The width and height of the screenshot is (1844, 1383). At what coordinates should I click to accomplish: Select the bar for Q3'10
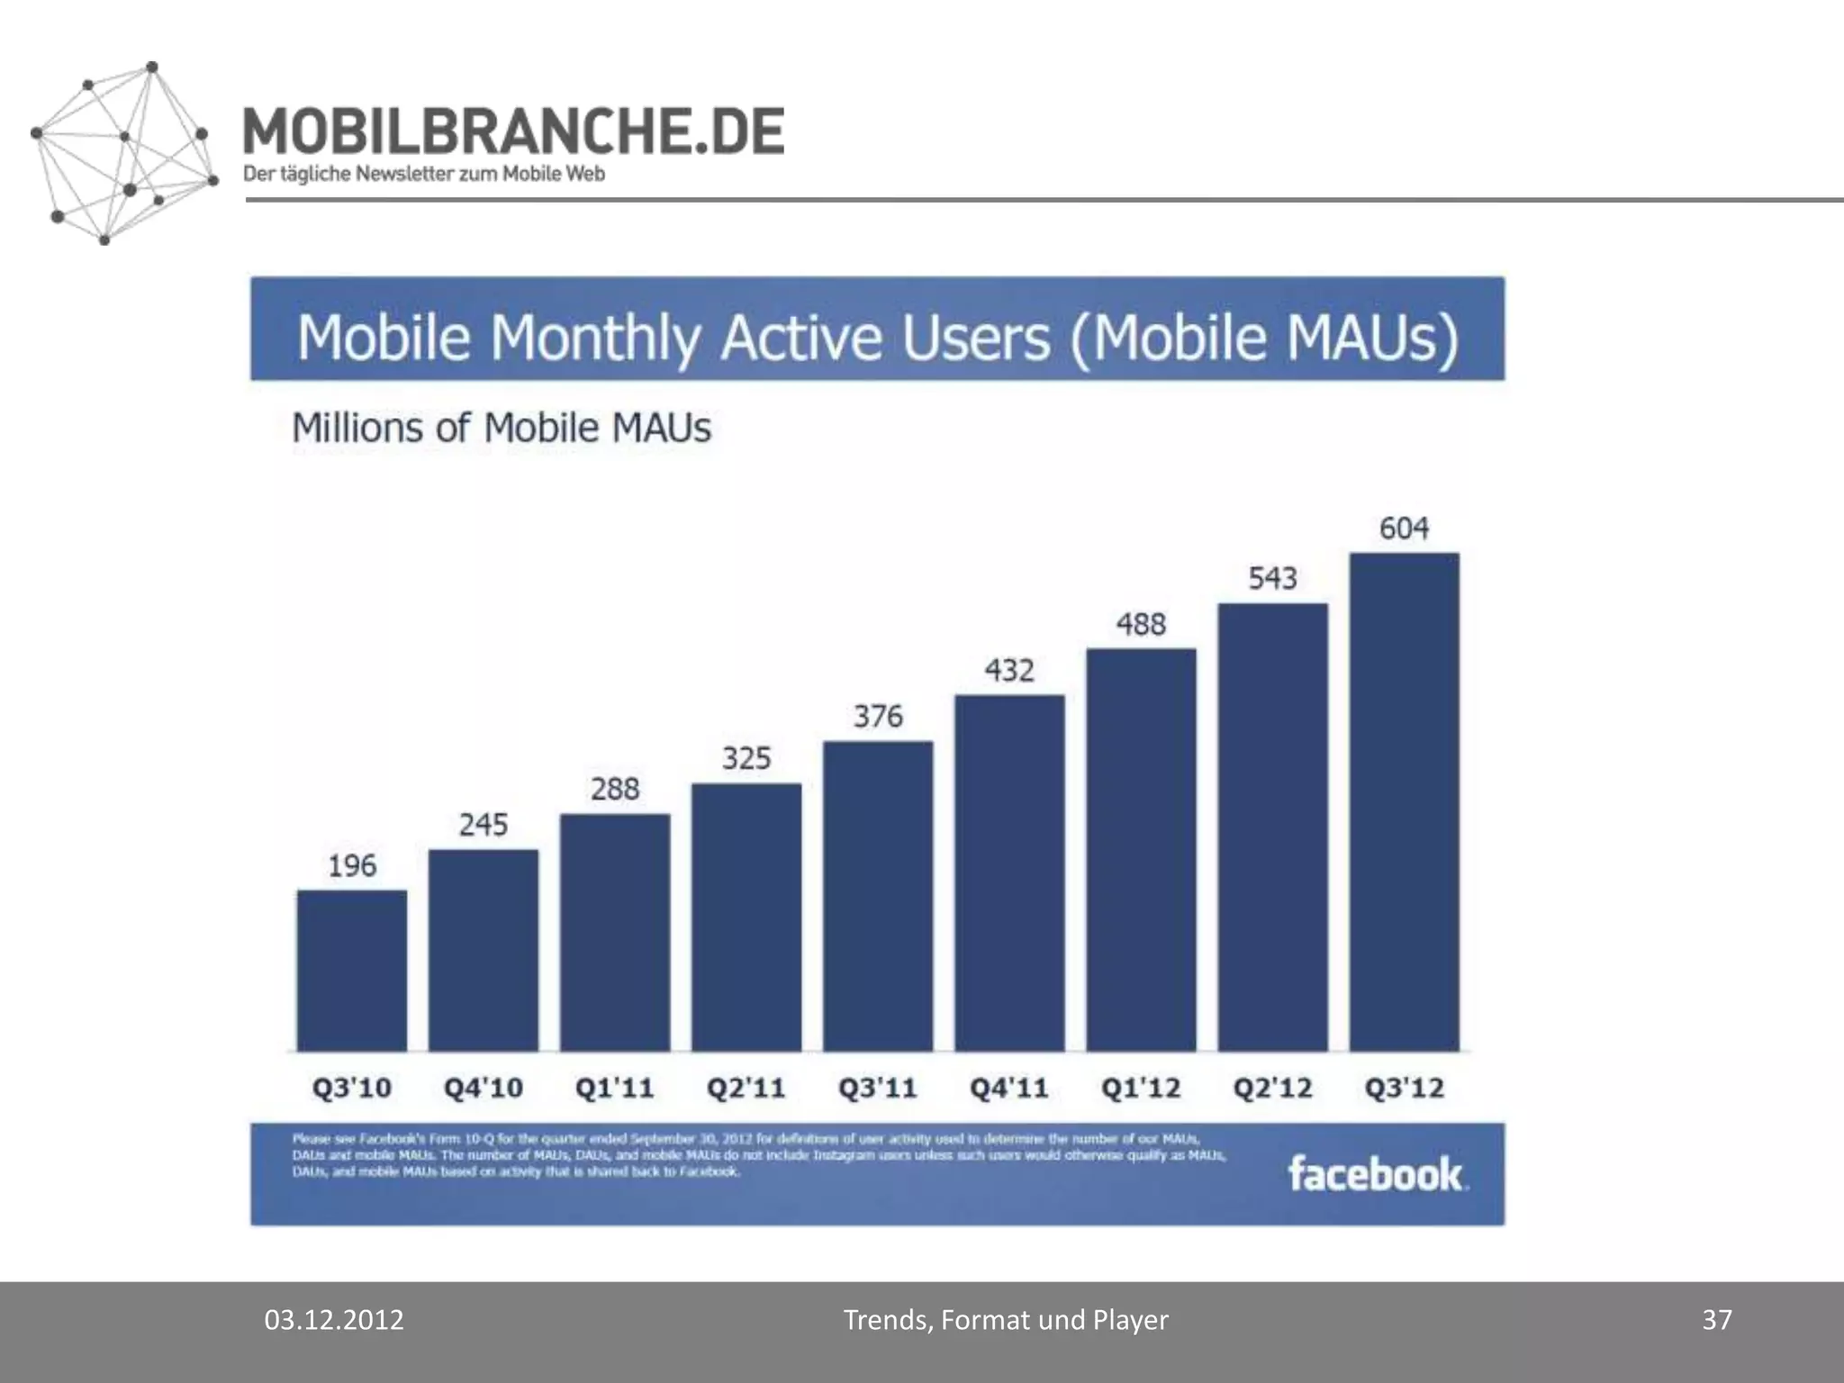point(351,971)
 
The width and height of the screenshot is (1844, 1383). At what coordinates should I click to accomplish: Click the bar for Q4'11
point(1009,872)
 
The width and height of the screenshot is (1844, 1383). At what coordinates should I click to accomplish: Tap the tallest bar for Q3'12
point(1404,801)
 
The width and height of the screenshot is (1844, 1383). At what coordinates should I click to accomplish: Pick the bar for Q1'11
point(615,932)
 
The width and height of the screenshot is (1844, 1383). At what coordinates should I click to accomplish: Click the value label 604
point(1404,528)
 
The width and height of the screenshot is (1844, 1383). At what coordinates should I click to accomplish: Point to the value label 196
point(351,865)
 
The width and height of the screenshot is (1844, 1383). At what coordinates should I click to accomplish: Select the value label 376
point(878,716)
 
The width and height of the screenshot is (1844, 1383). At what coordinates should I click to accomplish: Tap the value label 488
point(1141,624)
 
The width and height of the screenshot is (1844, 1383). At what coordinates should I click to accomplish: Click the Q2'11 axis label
point(746,1088)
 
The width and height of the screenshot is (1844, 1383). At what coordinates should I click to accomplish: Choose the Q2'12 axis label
point(1272,1088)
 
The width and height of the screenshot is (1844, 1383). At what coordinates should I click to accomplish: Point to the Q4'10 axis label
point(483,1088)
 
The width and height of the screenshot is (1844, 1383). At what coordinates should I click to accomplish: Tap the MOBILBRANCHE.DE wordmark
point(513,131)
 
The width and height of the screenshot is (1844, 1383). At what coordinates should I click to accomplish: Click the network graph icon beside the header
point(124,153)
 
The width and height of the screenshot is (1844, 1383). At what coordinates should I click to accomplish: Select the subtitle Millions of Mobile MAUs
point(502,428)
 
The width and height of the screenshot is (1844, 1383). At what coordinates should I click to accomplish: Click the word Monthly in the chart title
point(595,339)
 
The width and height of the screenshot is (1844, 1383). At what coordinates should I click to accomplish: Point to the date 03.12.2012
point(333,1320)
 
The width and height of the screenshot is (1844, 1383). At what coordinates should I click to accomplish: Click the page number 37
point(1716,1320)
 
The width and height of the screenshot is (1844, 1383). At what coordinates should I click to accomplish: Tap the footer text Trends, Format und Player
point(1005,1320)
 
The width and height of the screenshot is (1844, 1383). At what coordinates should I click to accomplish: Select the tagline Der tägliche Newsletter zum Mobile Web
point(423,174)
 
